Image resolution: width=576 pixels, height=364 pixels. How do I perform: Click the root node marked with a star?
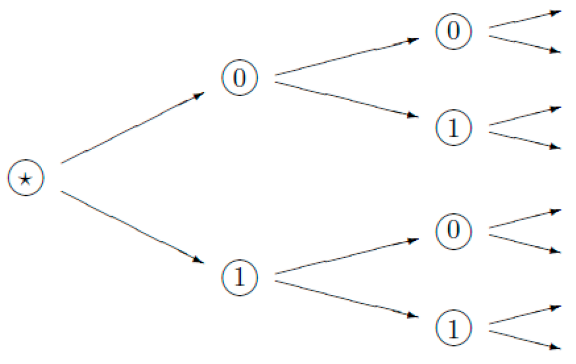point(25,179)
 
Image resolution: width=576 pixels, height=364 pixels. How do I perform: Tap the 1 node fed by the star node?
point(240,277)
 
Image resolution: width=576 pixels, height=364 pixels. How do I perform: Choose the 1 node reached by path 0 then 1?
point(453,128)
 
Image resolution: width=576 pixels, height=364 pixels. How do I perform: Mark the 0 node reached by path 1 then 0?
point(453,231)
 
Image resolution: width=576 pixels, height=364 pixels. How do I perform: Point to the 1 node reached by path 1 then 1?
point(453,328)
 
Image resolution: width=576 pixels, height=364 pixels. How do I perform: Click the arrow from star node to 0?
point(132,129)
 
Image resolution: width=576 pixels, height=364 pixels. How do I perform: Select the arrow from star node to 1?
point(132,227)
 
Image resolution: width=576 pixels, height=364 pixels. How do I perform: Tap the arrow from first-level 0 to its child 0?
point(346,56)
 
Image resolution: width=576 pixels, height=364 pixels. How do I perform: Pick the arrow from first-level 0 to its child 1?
point(346,100)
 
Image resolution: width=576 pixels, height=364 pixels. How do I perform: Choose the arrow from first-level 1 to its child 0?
point(346,257)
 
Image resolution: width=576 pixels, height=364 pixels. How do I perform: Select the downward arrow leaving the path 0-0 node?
point(525,44)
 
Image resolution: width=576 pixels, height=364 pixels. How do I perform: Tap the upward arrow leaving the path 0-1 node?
point(525,116)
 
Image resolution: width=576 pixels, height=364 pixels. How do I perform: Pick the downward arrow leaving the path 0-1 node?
point(525,141)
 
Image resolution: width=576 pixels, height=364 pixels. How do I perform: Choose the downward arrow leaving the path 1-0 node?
point(525,243)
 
